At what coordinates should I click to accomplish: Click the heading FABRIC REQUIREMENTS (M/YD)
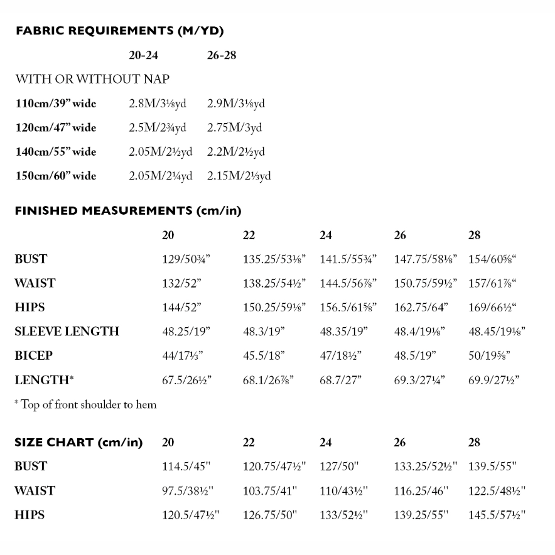tap(119, 31)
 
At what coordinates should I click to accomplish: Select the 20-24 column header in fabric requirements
tap(143, 55)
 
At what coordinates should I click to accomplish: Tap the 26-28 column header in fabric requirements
tap(222, 55)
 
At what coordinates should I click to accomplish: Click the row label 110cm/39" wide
tap(56, 104)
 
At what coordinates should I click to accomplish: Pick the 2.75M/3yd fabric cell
tap(235, 128)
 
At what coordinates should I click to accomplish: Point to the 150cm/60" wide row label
tap(56, 176)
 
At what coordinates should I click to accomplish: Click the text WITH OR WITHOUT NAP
tap(92, 79)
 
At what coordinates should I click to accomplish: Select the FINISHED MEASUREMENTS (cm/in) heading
tap(127, 211)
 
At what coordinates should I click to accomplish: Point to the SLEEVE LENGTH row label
tap(67, 331)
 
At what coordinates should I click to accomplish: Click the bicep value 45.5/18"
tap(264, 355)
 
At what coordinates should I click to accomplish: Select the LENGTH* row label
tap(41, 380)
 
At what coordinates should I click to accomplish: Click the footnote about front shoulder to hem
tap(85, 405)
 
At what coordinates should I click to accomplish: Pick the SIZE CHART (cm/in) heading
tap(78, 443)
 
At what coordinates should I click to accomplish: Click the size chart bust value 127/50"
tap(338, 466)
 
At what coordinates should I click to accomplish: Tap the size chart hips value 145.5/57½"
tap(497, 515)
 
